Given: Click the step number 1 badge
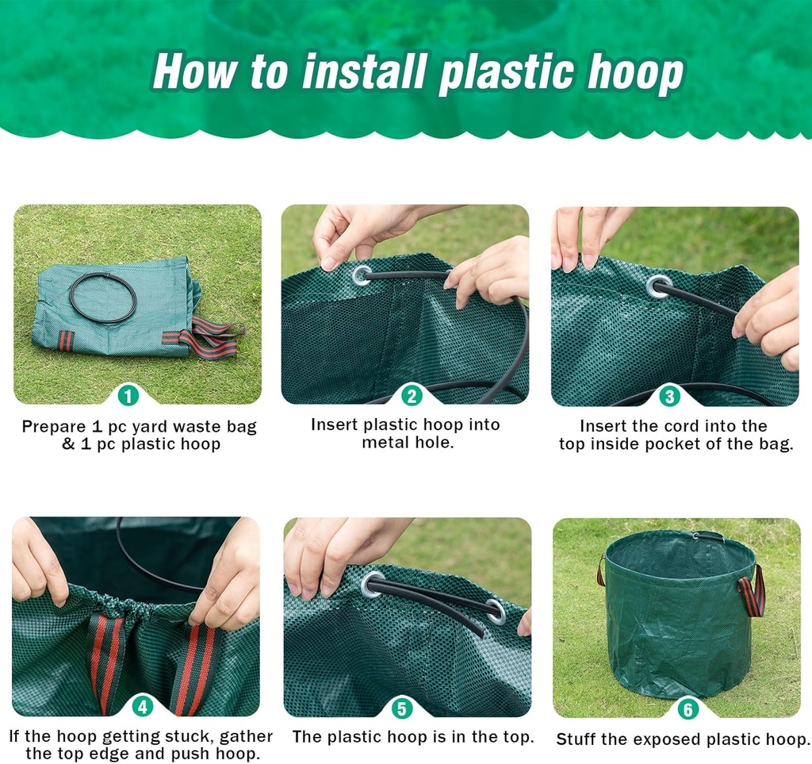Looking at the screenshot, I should [x=128, y=394].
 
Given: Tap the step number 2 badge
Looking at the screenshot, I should [x=412, y=394].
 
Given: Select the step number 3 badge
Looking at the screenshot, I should [x=670, y=394].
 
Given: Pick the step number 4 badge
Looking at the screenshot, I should [x=143, y=705].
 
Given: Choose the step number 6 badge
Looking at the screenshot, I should [x=687, y=708].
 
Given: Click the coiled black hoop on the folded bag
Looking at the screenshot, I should [x=102, y=298].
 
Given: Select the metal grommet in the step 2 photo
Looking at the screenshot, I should [x=362, y=275].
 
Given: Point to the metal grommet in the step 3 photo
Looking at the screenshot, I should [x=657, y=286].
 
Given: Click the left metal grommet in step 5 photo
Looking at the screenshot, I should [x=372, y=585].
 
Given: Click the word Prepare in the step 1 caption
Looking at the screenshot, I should [x=52, y=427].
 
